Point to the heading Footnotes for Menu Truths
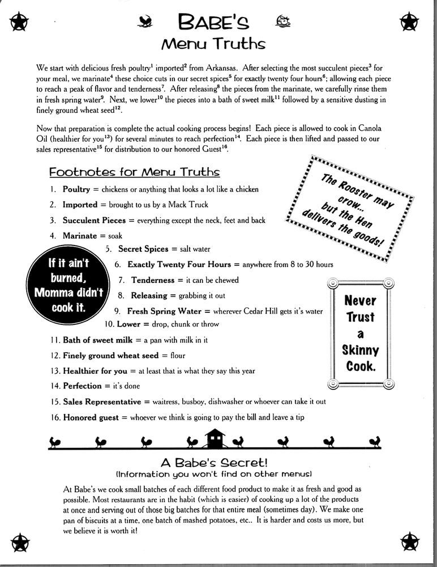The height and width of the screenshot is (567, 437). (134, 171)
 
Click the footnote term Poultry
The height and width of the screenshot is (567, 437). (76, 189)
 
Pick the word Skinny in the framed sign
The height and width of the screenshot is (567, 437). (360, 350)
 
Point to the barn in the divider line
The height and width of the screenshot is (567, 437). (216, 437)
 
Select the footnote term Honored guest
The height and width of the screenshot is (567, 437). (91, 417)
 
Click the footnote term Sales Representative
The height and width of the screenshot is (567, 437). (102, 401)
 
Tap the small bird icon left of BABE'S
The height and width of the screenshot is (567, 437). (147, 22)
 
